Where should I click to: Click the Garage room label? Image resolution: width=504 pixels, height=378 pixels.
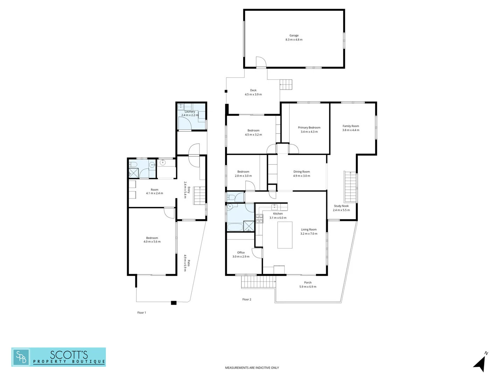coord(294,35)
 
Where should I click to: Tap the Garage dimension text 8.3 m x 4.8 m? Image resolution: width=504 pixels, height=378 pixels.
coord(294,40)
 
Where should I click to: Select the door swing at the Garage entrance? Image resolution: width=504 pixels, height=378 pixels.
coord(261,62)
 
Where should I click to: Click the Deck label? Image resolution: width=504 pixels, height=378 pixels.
coord(253,90)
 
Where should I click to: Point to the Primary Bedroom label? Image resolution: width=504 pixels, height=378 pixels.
coord(309,127)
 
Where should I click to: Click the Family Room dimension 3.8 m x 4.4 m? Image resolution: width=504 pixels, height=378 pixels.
coord(351,130)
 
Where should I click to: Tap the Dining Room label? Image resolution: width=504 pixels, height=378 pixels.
coord(301,171)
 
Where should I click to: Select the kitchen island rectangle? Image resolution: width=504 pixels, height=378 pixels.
coord(285,235)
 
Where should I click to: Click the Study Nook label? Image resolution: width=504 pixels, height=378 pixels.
coord(341,206)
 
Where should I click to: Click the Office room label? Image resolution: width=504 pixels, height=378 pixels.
coord(241,252)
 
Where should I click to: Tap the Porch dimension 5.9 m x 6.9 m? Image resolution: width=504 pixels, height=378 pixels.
coord(308,287)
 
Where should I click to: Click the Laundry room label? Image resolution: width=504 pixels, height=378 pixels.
coord(190,112)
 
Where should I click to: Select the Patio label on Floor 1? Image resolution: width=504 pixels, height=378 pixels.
coord(189,263)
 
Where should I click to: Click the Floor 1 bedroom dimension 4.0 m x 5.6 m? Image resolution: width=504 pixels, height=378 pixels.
coord(152,242)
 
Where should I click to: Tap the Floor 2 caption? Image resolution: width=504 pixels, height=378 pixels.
coord(247,299)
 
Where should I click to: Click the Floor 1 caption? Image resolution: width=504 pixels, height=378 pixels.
coord(141,313)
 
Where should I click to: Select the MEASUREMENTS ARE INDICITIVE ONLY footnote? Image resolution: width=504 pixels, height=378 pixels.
coord(252,368)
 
